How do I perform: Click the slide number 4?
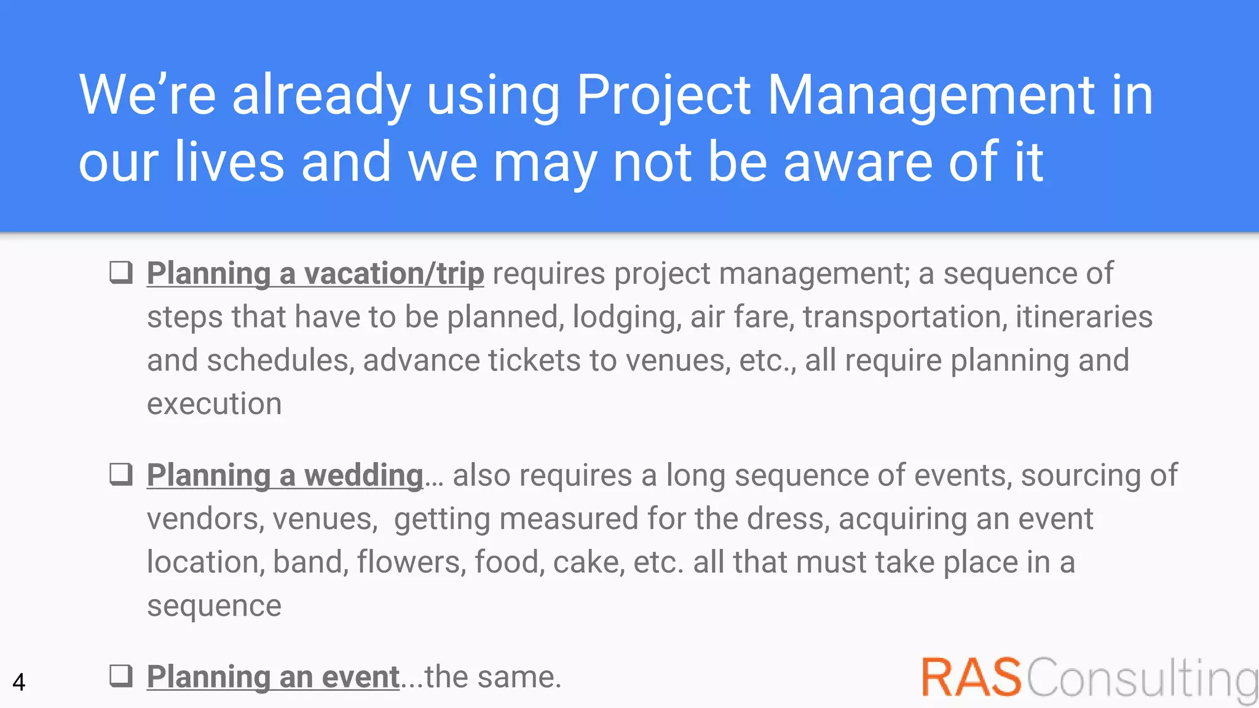click(19, 682)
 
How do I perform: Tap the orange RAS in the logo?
click(971, 678)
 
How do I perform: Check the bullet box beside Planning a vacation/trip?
click(121, 272)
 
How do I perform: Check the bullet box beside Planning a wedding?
click(121, 474)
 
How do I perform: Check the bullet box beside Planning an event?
click(121, 675)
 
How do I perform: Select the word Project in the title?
click(663, 95)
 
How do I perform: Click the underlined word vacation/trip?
click(393, 273)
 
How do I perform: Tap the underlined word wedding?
click(363, 475)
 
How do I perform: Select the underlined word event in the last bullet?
click(360, 677)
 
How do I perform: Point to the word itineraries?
click(1083, 317)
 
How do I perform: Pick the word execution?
click(214, 404)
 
